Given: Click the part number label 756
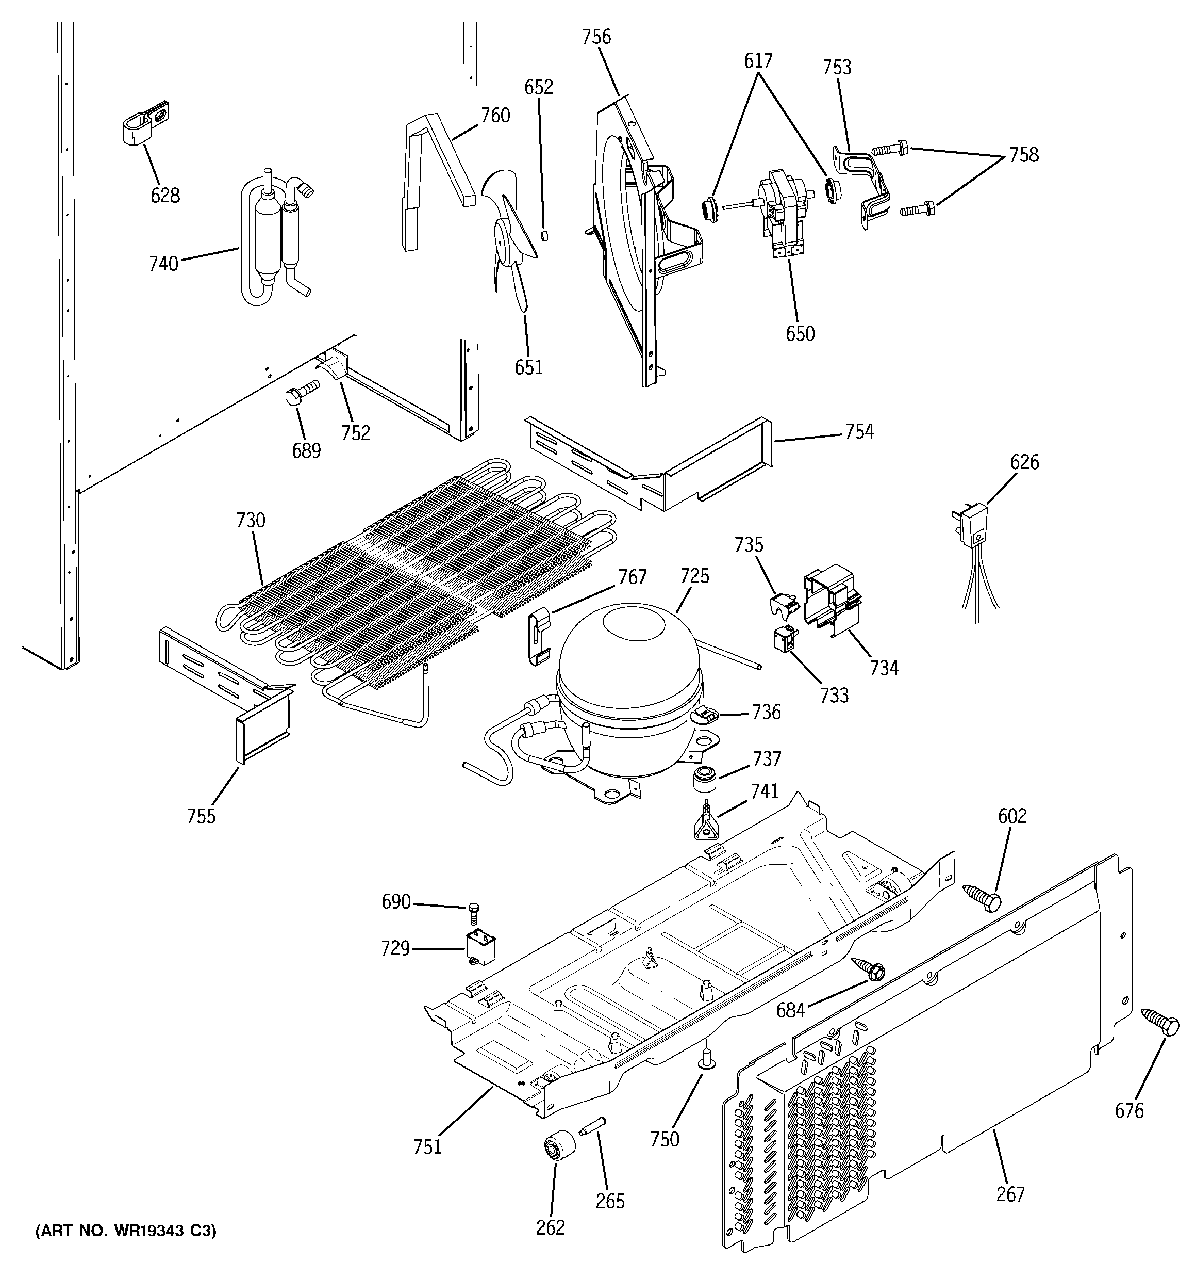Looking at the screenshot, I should click(x=596, y=37).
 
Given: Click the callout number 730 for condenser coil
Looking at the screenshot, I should click(x=251, y=520).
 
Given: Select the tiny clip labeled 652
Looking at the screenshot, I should click(x=544, y=235).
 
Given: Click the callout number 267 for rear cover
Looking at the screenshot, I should click(x=1010, y=1194).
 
